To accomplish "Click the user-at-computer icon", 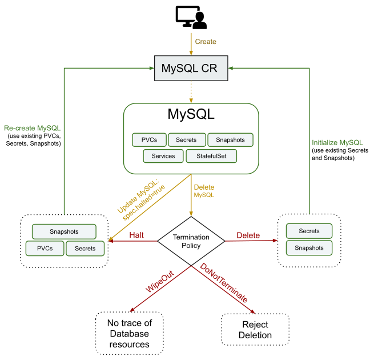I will click(x=191, y=18).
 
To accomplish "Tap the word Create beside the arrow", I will click(x=206, y=42).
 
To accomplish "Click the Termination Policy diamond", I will click(x=191, y=241).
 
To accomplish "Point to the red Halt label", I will click(x=136, y=235).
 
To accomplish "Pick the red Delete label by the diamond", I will click(x=248, y=235).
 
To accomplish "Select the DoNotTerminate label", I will click(x=224, y=282).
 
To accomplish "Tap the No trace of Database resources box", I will click(x=129, y=334).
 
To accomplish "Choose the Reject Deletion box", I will click(x=255, y=330).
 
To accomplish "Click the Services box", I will click(x=163, y=156).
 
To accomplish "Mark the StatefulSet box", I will click(x=211, y=156).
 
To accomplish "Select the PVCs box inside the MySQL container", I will click(x=149, y=140).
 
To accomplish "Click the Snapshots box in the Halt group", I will click(x=64, y=231).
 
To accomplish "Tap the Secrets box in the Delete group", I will click(x=309, y=231).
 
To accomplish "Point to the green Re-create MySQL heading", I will click(x=32, y=127).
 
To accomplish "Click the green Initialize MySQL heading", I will click(x=337, y=142).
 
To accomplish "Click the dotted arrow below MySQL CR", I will click(x=191, y=91).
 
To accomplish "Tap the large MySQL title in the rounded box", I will click(x=191, y=114).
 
